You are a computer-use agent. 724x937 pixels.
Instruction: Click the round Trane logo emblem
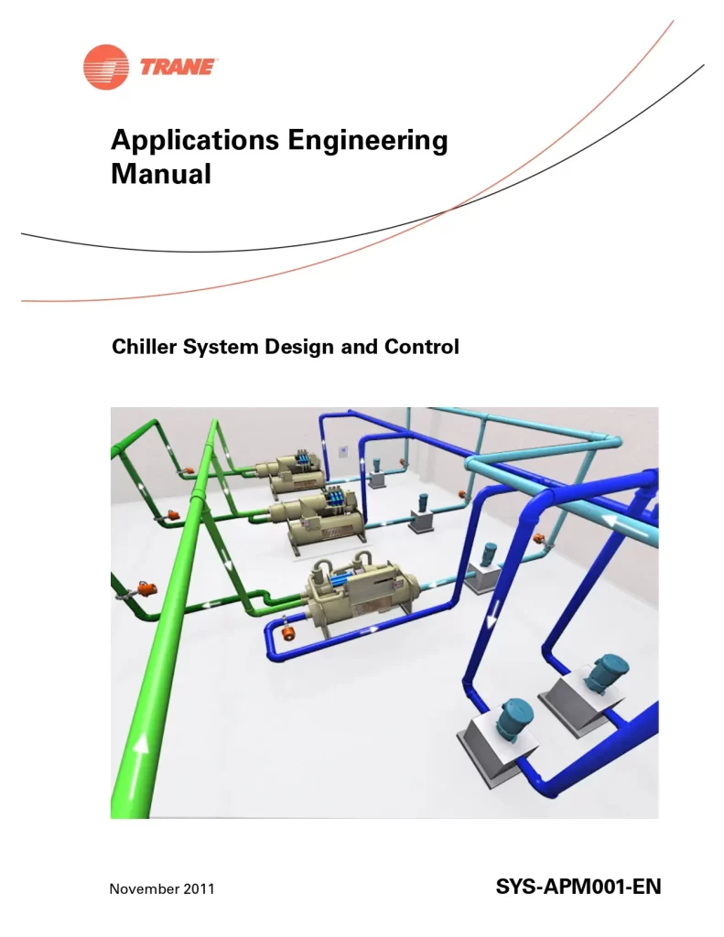[105, 67]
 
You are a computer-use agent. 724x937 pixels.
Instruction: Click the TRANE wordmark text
[179, 67]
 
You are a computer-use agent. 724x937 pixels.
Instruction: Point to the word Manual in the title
[161, 173]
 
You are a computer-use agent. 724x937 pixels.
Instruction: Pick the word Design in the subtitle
[299, 348]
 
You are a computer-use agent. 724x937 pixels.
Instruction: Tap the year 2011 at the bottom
[199, 889]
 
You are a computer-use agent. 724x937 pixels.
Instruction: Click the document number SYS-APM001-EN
[578, 887]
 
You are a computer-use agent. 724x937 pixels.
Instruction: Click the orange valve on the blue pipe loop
[287, 630]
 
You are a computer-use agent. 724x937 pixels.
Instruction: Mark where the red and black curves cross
[446, 211]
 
